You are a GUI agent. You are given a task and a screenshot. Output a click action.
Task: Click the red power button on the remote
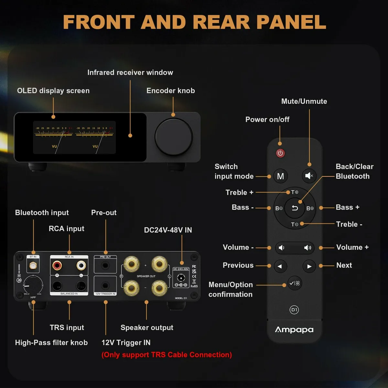pyautogui.click(x=280, y=153)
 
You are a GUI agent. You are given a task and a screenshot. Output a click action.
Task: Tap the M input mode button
pyautogui.click(x=280, y=176)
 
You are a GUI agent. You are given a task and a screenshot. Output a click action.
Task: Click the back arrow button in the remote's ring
pyautogui.click(x=295, y=208)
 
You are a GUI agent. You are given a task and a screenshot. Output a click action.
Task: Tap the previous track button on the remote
pyautogui.click(x=280, y=266)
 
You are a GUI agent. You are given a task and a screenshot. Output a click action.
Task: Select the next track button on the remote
pyautogui.click(x=309, y=266)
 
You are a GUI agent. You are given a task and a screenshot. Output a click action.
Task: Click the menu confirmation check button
pyautogui.click(x=295, y=283)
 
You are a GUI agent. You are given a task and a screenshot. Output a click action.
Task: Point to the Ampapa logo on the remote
pyautogui.click(x=294, y=330)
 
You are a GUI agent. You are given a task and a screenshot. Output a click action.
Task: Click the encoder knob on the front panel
pyautogui.click(x=174, y=137)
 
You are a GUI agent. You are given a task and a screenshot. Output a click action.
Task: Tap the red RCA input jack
pyautogui.click(x=57, y=266)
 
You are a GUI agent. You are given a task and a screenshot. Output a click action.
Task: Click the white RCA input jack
pyautogui.click(x=81, y=266)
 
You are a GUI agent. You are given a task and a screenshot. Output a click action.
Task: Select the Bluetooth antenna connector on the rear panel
pyautogui.click(x=33, y=266)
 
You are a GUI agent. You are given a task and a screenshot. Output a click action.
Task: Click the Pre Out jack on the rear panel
pyautogui.click(x=105, y=266)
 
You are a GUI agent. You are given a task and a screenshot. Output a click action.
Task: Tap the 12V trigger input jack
pyautogui.click(x=105, y=286)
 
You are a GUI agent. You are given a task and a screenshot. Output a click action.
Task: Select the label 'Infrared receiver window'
pyautogui.click(x=130, y=72)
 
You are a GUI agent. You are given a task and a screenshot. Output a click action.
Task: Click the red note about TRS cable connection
pyautogui.click(x=167, y=355)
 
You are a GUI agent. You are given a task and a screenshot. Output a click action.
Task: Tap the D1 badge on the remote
pyautogui.click(x=294, y=310)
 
